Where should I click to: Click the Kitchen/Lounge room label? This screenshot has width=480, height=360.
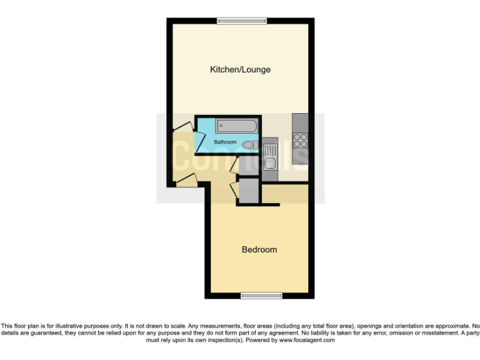[x=240, y=69]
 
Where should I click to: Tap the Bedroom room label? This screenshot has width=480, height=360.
[x=259, y=249]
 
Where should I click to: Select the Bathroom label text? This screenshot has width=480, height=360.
[x=225, y=142]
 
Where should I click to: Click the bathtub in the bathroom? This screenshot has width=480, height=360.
[x=237, y=126]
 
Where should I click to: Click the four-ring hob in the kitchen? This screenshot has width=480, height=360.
[x=300, y=139]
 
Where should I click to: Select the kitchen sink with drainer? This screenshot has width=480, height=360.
[x=270, y=157]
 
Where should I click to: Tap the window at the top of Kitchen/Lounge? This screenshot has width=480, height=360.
[x=242, y=21]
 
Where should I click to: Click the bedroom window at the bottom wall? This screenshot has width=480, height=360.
[x=257, y=295]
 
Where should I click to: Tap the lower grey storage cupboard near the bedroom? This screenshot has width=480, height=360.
[x=247, y=191]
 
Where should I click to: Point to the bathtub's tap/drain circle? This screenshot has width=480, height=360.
[x=221, y=125]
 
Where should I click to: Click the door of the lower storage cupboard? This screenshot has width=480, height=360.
[x=234, y=187]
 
